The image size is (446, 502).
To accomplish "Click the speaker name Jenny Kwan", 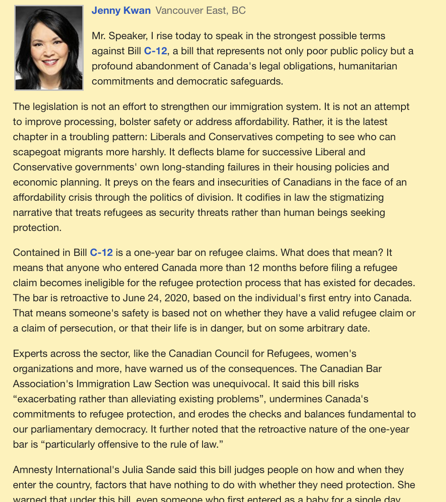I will coord(121,11).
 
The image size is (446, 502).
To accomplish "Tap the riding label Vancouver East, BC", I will coord(200,11).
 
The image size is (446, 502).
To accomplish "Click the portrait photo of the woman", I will coord(49,48).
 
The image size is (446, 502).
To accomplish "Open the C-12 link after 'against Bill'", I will coord(155,51).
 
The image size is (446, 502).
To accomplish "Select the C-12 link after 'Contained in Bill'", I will coord(101,253).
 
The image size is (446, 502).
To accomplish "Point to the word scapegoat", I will coord(41,152).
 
